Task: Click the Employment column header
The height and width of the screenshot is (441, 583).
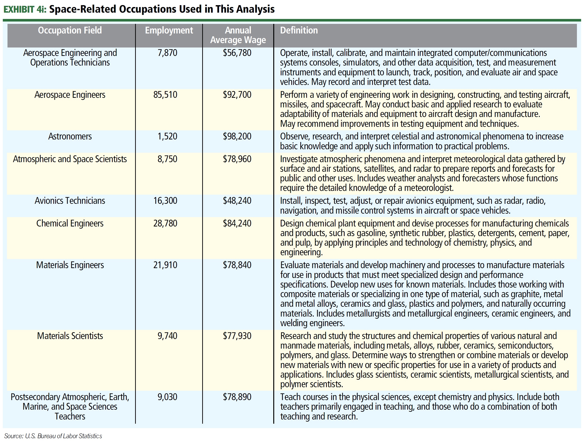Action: pyautogui.click(x=169, y=30)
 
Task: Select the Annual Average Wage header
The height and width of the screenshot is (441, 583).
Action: pyautogui.click(x=238, y=35)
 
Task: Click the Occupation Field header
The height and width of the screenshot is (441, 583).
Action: pyautogui.click(x=70, y=30)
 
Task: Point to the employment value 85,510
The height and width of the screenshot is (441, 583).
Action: pyautogui.click(x=165, y=95)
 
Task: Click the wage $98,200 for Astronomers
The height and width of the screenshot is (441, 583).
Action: pyautogui.click(x=237, y=136)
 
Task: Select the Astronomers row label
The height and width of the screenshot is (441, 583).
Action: pyautogui.click(x=70, y=136)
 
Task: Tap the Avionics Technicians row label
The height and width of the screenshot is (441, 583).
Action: pyautogui.click(x=70, y=201)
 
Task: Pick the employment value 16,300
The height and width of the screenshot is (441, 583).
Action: pyautogui.click(x=165, y=201)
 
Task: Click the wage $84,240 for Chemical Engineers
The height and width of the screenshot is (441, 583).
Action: pyautogui.click(x=237, y=223)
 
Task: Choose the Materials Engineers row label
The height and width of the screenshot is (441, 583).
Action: pyautogui.click(x=70, y=265)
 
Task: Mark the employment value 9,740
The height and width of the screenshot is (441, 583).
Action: pyautogui.click(x=167, y=336)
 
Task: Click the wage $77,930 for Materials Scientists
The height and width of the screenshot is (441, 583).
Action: pyautogui.click(x=237, y=336)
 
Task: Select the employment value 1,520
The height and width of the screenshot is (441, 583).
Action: pyautogui.click(x=167, y=136)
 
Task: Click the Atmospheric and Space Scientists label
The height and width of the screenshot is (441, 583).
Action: pyautogui.click(x=70, y=159)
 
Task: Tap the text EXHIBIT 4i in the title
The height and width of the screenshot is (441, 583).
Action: pyautogui.click(x=25, y=9)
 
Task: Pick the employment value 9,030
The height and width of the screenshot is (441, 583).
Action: pyautogui.click(x=167, y=397)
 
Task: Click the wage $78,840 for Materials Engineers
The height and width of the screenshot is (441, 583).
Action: pyautogui.click(x=237, y=265)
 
